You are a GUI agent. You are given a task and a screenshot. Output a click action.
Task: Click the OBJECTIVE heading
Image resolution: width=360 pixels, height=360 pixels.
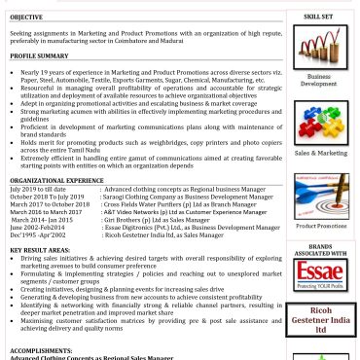[x=26, y=18]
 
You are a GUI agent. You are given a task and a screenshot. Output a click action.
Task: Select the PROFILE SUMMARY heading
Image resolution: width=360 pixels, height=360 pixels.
[x=39, y=56]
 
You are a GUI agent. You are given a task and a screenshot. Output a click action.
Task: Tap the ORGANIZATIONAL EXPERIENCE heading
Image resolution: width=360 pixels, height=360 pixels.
[x=56, y=180]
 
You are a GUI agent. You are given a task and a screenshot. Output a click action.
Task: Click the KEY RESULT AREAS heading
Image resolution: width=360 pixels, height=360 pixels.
[x=40, y=250]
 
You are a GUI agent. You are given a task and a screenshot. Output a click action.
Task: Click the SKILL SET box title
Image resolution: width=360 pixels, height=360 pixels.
[x=318, y=17]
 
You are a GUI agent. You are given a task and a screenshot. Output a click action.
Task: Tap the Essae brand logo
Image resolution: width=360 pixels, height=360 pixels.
[x=319, y=275]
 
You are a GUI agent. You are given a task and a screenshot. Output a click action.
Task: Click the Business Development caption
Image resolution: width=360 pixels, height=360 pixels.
[x=319, y=80]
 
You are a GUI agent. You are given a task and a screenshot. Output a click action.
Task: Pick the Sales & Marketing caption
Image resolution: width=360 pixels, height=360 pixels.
[x=320, y=153]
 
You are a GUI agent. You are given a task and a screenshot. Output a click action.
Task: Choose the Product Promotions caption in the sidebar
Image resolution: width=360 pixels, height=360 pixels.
[x=320, y=226]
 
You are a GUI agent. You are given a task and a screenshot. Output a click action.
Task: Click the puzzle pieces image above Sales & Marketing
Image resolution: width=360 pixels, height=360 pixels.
[x=319, y=122]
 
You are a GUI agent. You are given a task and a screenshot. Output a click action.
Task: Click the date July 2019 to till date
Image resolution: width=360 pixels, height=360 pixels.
[x=39, y=189]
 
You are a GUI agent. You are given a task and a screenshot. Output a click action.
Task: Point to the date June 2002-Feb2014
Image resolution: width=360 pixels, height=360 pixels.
[x=37, y=227]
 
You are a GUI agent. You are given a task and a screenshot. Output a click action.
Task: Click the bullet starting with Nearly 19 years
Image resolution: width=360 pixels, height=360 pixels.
[x=146, y=72]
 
